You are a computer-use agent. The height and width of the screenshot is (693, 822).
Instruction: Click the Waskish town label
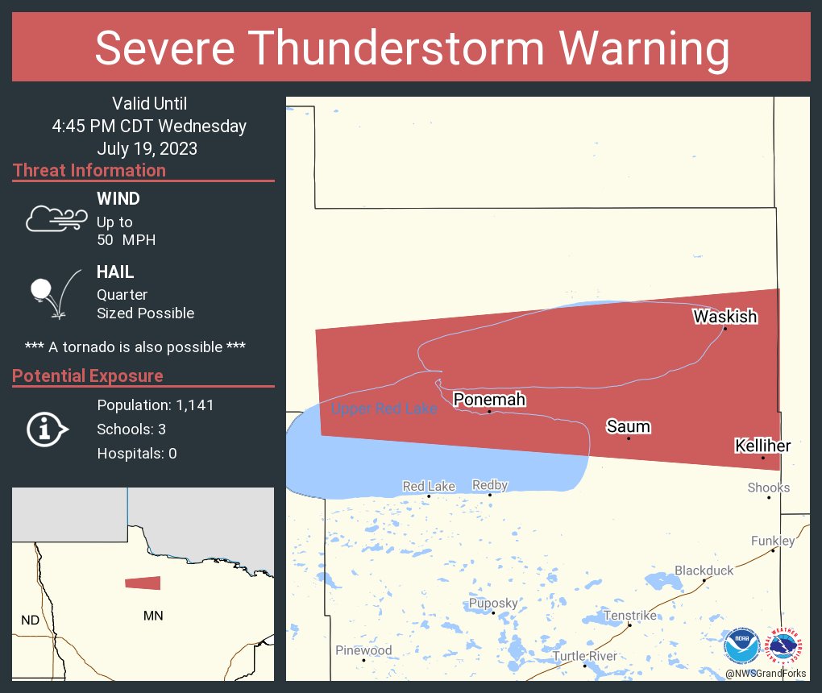[x=724, y=317]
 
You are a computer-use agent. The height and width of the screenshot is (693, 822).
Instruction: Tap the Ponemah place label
[x=489, y=400]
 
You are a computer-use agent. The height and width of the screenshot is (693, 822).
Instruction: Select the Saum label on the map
[x=628, y=426]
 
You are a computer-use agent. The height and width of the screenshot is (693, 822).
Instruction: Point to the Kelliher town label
[x=762, y=446]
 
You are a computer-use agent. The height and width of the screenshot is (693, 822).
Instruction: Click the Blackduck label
[x=704, y=571]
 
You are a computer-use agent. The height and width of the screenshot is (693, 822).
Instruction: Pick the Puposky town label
[x=493, y=603]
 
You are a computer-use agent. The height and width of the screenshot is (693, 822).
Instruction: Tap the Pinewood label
[x=363, y=650]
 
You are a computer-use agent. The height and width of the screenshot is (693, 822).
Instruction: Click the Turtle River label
[x=584, y=656]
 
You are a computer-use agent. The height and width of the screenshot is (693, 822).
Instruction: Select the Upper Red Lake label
[x=384, y=409]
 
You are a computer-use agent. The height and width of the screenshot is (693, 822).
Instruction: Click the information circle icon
[x=48, y=429]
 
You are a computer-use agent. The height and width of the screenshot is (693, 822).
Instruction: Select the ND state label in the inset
[x=30, y=620]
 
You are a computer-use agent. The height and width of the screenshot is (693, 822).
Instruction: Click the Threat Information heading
[x=89, y=171]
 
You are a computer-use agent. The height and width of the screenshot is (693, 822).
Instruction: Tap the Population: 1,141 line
[x=156, y=405]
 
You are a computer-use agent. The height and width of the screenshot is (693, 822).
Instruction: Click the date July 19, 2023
[x=147, y=149]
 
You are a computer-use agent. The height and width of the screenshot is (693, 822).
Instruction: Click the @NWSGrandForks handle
[x=765, y=674]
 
